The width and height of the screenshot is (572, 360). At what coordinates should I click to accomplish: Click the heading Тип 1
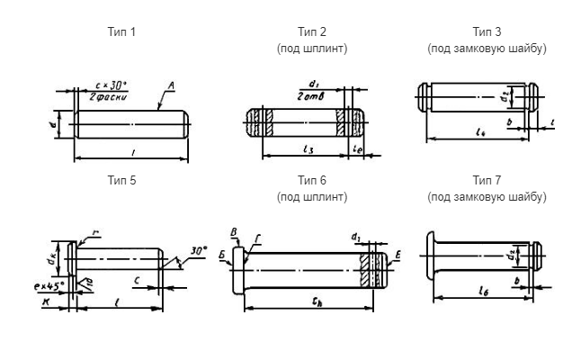click(x=121, y=32)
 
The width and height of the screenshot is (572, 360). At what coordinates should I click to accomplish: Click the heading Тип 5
click(x=121, y=180)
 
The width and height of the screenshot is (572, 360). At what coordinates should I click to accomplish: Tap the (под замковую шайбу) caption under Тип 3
click(x=487, y=49)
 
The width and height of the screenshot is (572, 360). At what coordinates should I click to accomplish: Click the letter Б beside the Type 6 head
click(x=223, y=254)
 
